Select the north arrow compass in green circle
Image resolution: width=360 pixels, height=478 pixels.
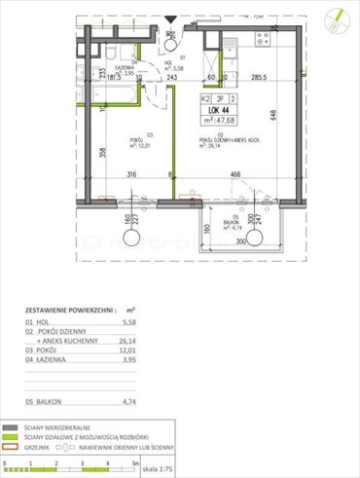(x=337, y=16)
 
